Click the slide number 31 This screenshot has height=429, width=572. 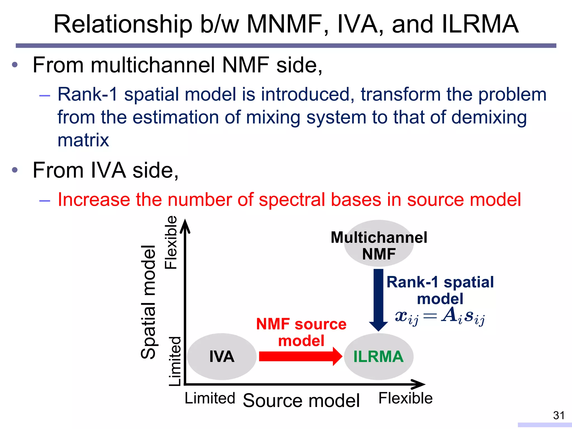click(x=559, y=415)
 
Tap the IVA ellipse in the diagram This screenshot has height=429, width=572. click(x=222, y=356)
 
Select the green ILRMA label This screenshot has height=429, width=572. click(x=378, y=356)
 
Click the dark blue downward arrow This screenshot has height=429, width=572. click(x=378, y=299)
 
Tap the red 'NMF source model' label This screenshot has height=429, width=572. click(x=301, y=332)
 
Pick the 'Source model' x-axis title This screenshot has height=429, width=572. click(x=301, y=400)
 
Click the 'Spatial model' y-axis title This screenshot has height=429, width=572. click(x=148, y=302)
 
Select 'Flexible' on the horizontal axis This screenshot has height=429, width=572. click(x=405, y=398)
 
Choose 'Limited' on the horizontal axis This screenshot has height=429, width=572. click(x=210, y=398)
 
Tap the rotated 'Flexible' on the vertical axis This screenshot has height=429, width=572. click(x=171, y=242)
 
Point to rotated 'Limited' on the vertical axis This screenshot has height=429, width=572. click(x=175, y=361)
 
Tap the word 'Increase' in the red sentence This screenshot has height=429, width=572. click(x=94, y=199)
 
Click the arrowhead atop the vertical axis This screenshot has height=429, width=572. click(x=185, y=225)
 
